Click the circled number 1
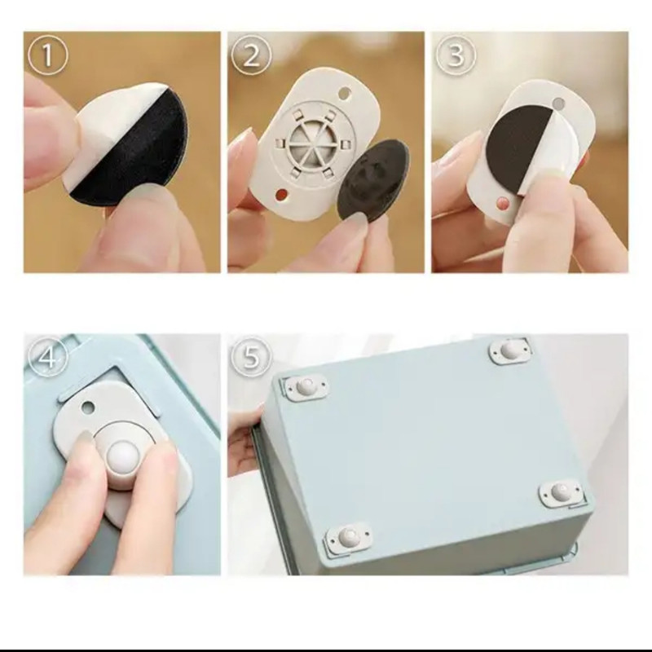point(46,55)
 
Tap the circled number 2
point(251,55)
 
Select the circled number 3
point(456,55)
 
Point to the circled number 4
point(46,357)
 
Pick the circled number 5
point(251,357)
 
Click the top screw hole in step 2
point(345,92)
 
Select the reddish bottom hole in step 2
point(282,194)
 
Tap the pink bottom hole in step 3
point(502,202)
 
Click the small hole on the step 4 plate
point(88,406)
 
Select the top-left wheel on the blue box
point(306,386)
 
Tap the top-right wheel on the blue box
point(509,350)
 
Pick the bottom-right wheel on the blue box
point(561,494)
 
